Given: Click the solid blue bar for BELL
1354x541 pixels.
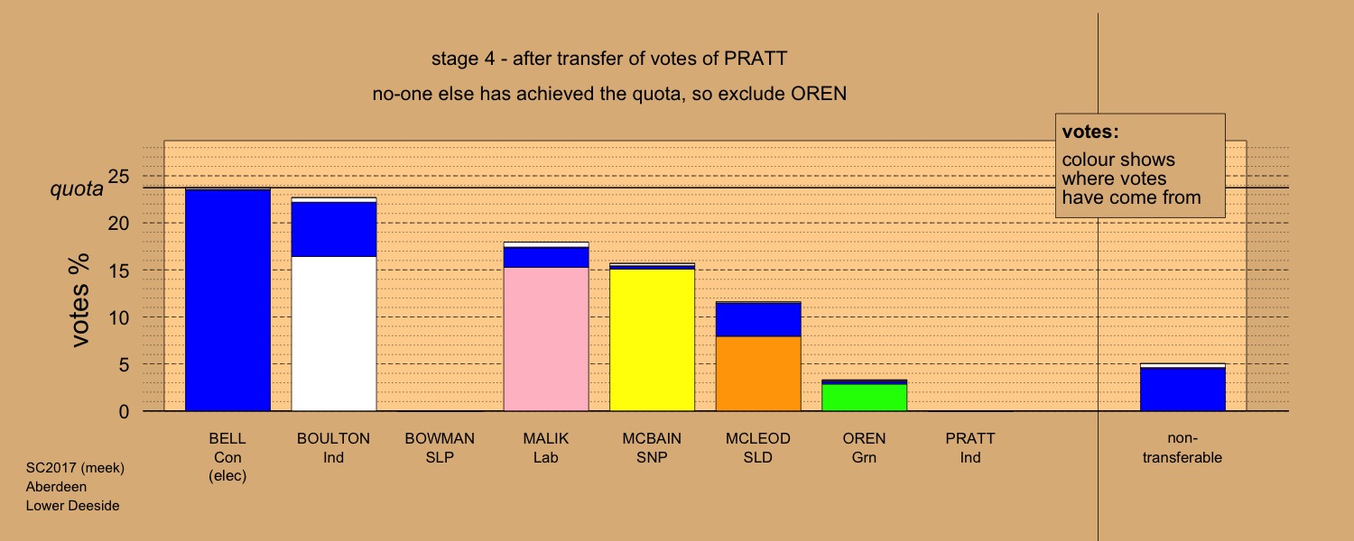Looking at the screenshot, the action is coord(227,300).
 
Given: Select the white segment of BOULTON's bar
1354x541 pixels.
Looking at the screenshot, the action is coord(334,334).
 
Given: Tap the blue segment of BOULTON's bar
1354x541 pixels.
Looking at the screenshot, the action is coord(334,229).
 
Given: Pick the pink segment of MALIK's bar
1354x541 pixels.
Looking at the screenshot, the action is coord(546,339).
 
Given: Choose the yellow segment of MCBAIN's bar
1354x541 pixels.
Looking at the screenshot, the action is coord(653,340).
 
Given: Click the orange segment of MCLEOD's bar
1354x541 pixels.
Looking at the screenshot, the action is coord(758,374).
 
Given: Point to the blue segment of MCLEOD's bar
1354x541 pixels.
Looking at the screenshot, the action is coord(758,319).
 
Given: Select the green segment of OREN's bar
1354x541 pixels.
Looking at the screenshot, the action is coord(865,398).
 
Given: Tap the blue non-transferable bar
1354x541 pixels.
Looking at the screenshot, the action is coord(1182,390).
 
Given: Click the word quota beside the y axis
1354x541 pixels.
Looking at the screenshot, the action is coord(77,189).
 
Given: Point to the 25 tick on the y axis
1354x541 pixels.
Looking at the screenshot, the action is coord(118,177).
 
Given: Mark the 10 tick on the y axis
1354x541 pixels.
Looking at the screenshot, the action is coord(119,317).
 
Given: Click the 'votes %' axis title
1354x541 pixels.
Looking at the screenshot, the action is coord(79,300).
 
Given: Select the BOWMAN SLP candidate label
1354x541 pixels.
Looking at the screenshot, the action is coord(440,447).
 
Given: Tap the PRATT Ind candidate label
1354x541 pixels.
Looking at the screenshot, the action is coord(970,447).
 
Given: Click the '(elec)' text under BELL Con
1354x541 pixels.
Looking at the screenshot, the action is coord(227,476).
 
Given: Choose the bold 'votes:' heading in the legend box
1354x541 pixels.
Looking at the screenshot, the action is coord(1090,132).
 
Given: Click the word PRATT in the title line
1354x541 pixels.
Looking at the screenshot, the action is coord(756,59).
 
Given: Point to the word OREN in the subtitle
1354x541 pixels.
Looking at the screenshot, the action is coord(819,94).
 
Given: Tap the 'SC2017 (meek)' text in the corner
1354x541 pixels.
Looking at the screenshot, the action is coord(75,468).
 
